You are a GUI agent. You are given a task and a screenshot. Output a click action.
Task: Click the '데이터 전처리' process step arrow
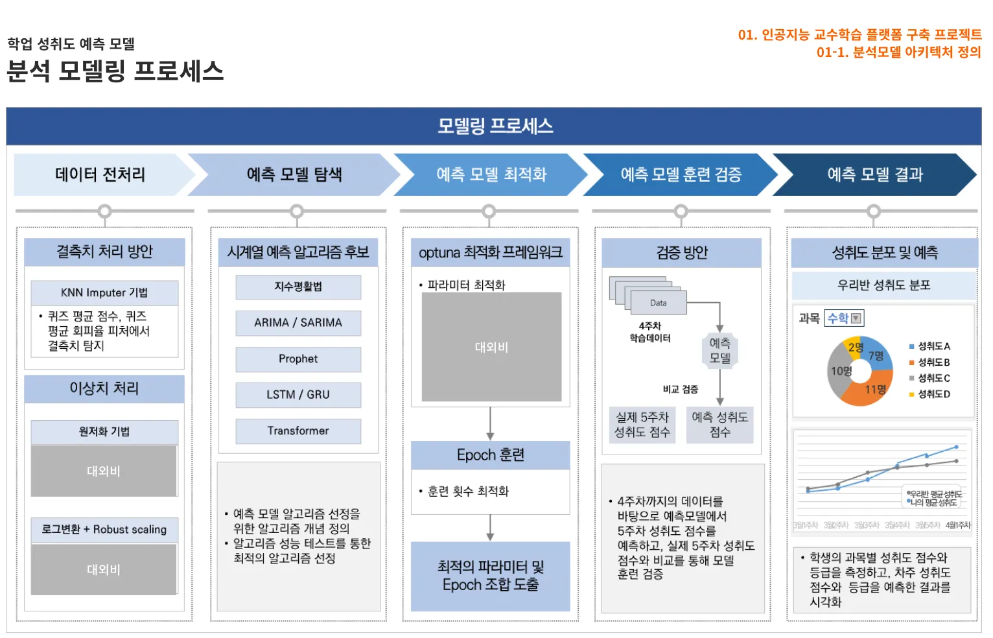point(100,174)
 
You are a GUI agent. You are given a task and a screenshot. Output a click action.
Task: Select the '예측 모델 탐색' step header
point(294,174)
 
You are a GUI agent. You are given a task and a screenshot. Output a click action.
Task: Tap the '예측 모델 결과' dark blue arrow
point(874,174)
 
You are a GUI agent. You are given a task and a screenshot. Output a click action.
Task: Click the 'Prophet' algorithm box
point(298,359)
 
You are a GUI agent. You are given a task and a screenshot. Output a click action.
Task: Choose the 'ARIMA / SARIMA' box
point(298,323)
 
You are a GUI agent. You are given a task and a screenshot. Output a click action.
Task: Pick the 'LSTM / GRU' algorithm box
point(298,395)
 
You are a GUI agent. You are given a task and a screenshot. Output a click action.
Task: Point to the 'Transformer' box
point(298,431)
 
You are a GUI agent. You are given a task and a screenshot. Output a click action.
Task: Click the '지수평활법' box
point(298,287)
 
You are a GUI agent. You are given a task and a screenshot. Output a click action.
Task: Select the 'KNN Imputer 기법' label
point(104,293)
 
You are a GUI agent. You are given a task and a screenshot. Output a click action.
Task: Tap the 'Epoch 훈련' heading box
point(491,455)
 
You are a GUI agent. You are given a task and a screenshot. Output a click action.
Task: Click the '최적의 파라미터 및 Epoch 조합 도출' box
point(491,576)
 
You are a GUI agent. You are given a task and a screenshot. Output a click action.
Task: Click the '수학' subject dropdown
point(844,318)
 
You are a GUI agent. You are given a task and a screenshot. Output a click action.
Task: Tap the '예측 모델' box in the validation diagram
point(719,350)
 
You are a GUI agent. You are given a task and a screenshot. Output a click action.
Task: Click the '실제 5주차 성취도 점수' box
point(642,425)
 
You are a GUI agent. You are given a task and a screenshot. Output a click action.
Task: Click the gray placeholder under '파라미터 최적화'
point(491,348)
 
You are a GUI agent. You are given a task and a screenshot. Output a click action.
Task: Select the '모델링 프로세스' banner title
point(495,126)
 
